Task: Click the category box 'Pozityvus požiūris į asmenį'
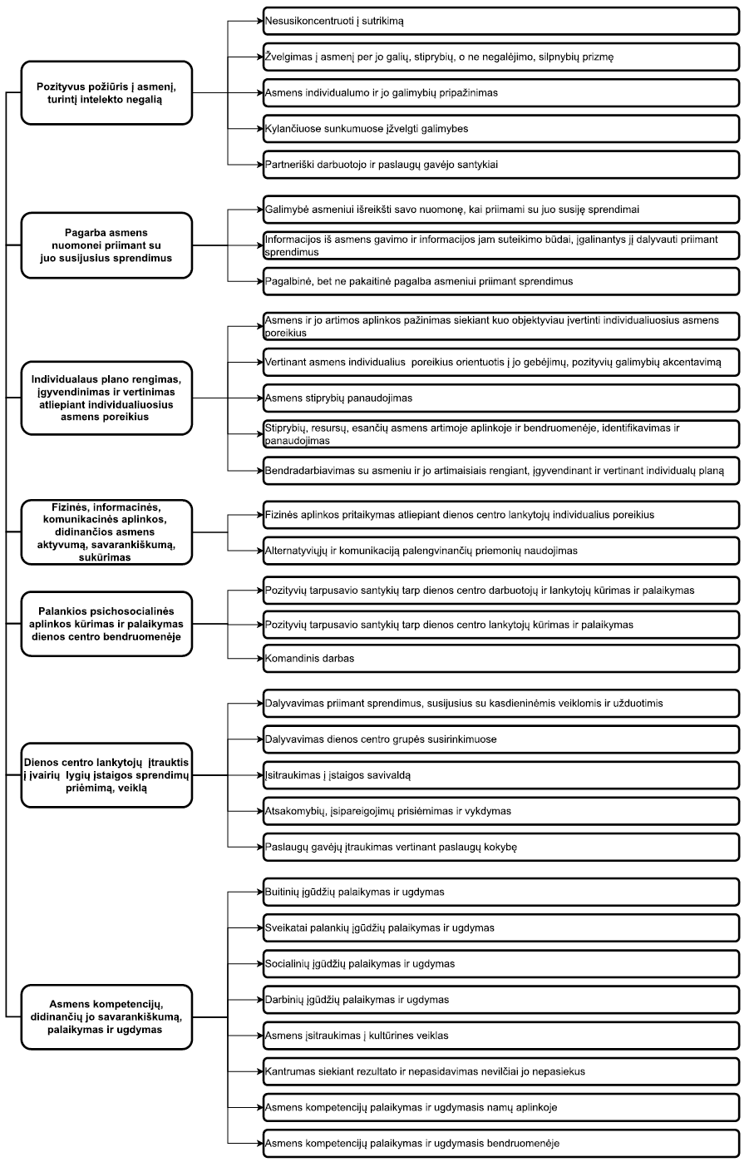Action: [106, 92]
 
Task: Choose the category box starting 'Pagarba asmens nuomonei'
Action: [106, 245]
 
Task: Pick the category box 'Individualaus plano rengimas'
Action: [106, 398]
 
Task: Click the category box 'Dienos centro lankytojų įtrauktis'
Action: [106, 774]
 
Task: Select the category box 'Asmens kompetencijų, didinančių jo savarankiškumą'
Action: [106, 1016]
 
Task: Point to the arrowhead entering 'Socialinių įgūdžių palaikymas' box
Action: [259, 964]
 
